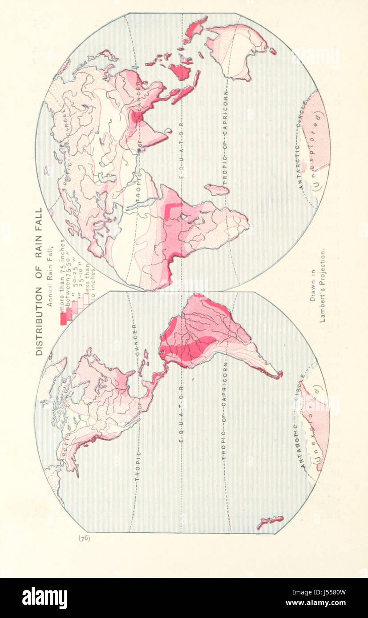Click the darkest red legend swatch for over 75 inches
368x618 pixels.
[63, 317]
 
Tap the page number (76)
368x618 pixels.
[85, 538]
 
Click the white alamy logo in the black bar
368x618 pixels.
[44, 598]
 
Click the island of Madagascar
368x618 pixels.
[217, 190]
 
